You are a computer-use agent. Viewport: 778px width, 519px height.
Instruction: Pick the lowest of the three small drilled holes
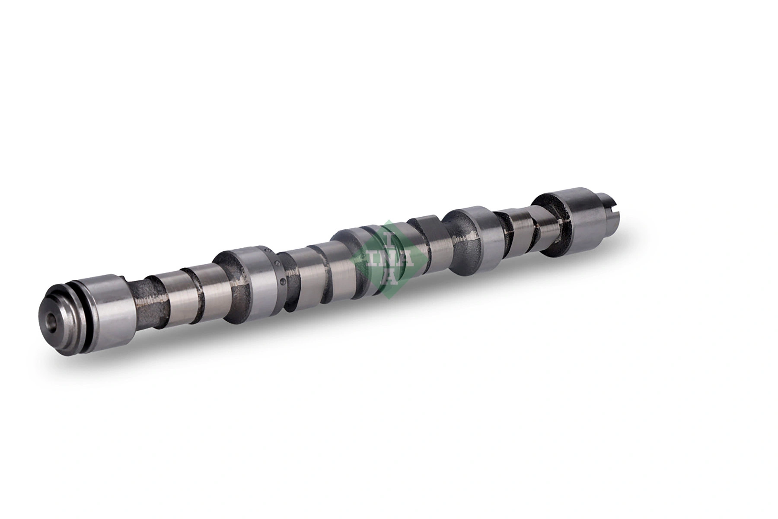pos(282,283)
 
